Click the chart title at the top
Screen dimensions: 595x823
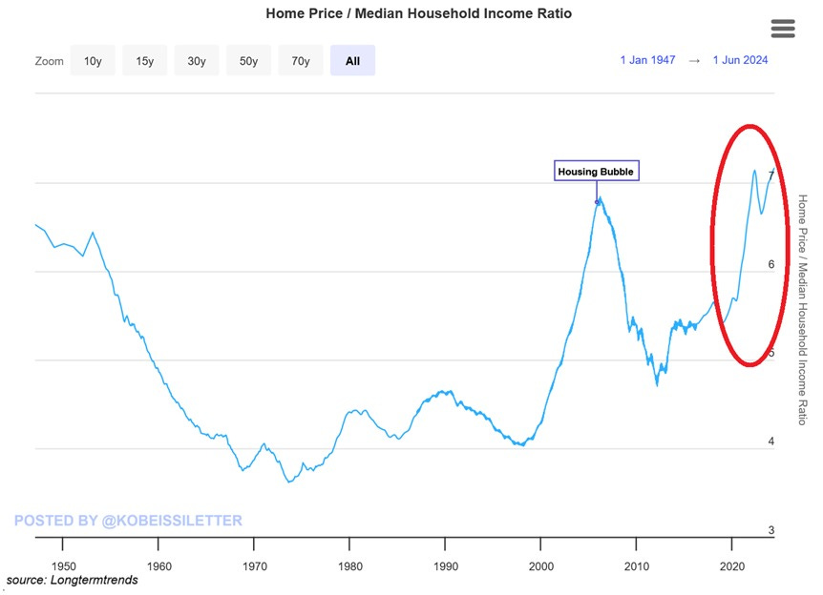click(x=418, y=14)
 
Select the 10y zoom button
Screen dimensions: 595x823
click(x=93, y=61)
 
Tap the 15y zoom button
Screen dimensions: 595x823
click(x=144, y=61)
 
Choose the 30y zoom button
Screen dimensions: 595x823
click(x=197, y=61)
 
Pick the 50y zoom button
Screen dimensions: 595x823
click(x=248, y=61)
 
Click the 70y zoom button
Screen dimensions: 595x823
click(x=301, y=61)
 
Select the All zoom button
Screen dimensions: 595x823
click(x=352, y=61)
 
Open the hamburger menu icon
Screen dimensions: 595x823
click(x=783, y=29)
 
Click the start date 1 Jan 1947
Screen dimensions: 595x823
click(x=647, y=60)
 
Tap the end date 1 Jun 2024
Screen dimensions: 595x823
click(x=740, y=60)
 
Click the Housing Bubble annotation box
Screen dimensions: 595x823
click(x=596, y=172)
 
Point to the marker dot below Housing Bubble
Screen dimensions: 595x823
click(x=599, y=201)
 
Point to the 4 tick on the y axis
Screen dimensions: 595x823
click(x=771, y=441)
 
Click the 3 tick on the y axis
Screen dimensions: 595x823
click(x=771, y=530)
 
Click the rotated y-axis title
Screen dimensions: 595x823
click(x=802, y=309)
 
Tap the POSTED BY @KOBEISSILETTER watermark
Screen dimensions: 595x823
click(x=128, y=521)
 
